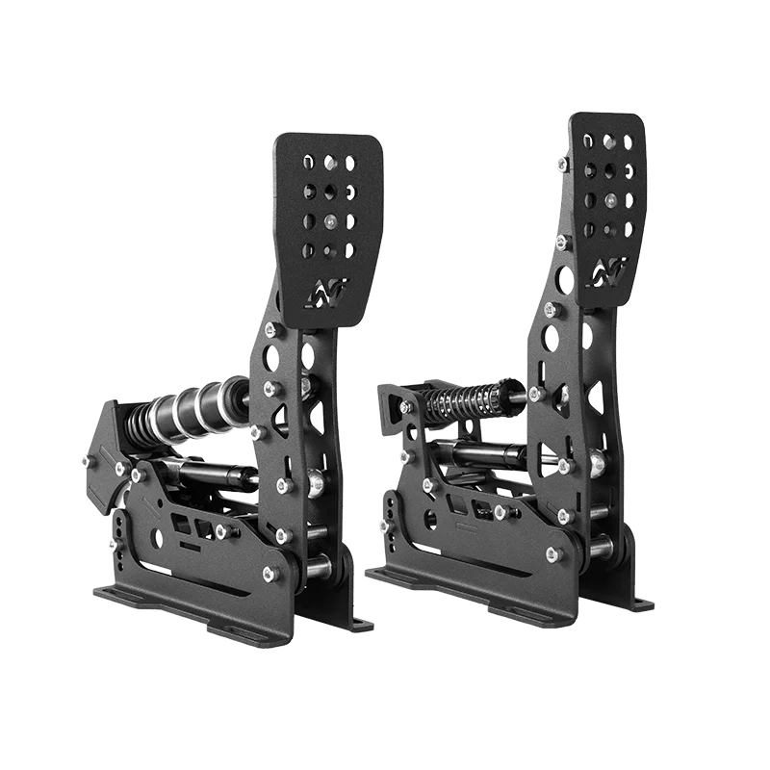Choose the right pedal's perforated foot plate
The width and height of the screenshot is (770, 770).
tap(607, 192)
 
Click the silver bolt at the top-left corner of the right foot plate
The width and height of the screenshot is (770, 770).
tap(562, 164)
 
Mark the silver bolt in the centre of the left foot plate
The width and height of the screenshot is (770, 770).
tap(330, 221)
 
